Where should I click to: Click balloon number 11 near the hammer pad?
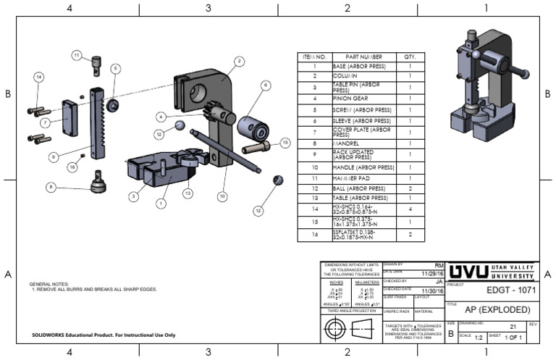pyautogui.click(x=76, y=54)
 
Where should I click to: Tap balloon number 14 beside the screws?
pyautogui.click(x=39, y=77)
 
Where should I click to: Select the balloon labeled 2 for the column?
pyautogui.click(x=237, y=62)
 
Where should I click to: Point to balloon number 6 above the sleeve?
pyautogui.click(x=265, y=85)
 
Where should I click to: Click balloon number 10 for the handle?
pyautogui.click(x=222, y=196)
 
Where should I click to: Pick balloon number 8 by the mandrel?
pyautogui.click(x=51, y=186)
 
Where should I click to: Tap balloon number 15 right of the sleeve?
pyautogui.click(x=285, y=143)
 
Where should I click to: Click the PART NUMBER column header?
pyautogui.click(x=363, y=56)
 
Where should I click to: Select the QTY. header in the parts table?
pyautogui.click(x=410, y=56)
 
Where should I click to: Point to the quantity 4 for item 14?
pyautogui.click(x=410, y=209)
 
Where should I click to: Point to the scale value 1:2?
pyautogui.click(x=479, y=337)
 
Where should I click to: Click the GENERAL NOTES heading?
pyautogui.click(x=49, y=284)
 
